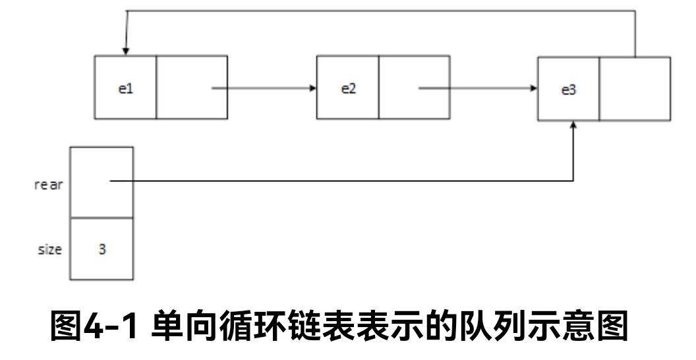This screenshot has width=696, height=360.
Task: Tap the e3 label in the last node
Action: (x=568, y=90)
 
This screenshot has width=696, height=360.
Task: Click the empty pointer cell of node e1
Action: (x=192, y=87)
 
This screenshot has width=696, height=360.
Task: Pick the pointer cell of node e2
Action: (x=414, y=87)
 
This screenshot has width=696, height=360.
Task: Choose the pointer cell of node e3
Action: (x=635, y=89)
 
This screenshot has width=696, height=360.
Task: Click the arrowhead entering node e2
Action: (x=312, y=88)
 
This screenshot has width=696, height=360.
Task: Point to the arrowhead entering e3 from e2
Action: (x=533, y=88)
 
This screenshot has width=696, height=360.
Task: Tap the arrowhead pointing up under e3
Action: (x=574, y=125)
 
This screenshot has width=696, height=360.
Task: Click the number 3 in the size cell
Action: (x=102, y=251)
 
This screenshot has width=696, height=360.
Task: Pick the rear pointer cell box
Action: (x=101, y=182)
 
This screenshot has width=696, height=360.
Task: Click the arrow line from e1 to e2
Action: (x=264, y=88)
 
